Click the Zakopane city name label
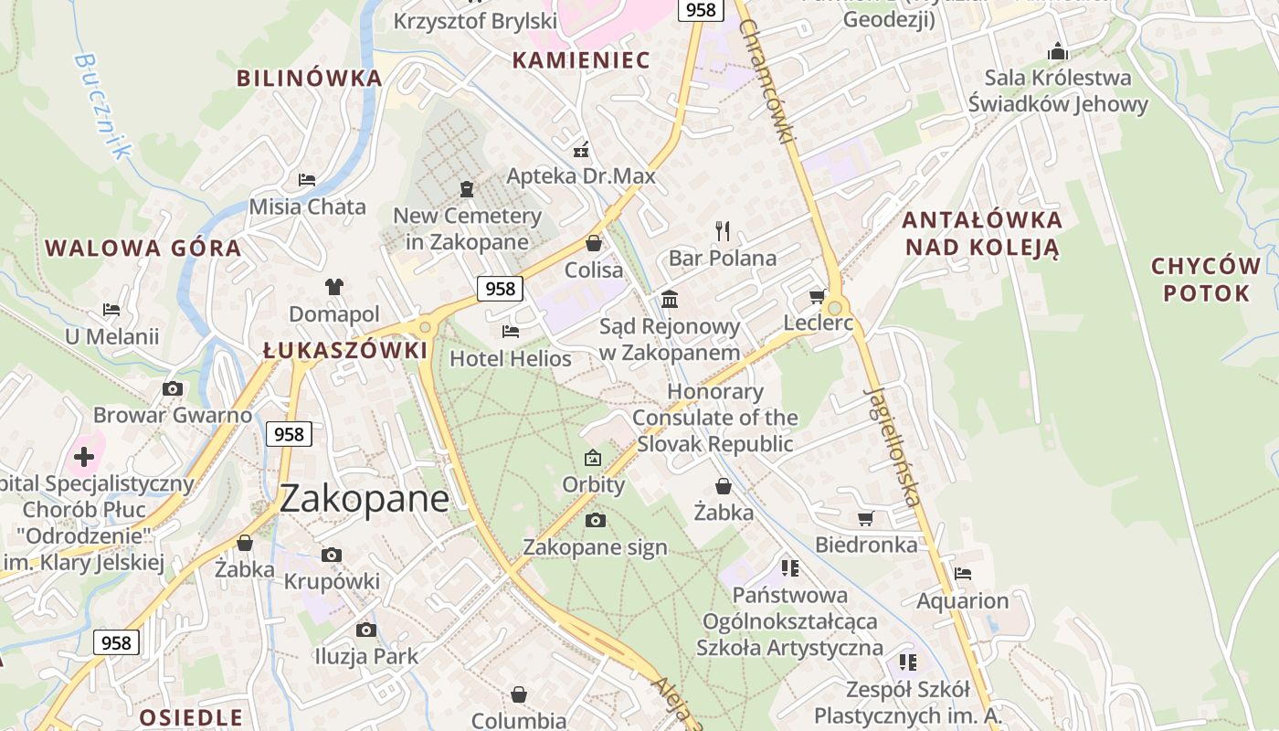pyautogui.click(x=364, y=499)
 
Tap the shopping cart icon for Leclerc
pyautogui.click(x=817, y=296)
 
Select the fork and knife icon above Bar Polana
pyautogui.click(x=723, y=229)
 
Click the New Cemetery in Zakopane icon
pyautogui.click(x=467, y=189)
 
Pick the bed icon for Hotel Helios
pyautogui.click(x=511, y=331)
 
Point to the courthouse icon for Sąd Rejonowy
pyautogui.click(x=670, y=299)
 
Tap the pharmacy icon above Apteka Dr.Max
pyautogui.click(x=581, y=150)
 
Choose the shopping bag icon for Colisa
pyautogui.click(x=594, y=243)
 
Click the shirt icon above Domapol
pyautogui.click(x=333, y=287)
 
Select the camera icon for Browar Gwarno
pyautogui.click(x=173, y=388)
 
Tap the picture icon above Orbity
pyautogui.click(x=593, y=457)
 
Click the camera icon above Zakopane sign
pyautogui.click(x=595, y=520)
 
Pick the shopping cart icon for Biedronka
pyautogui.click(x=865, y=518)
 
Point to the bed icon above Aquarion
pyautogui.click(x=962, y=574)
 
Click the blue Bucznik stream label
pyautogui.click(x=101, y=105)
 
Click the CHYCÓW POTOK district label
pyautogui.click(x=1206, y=280)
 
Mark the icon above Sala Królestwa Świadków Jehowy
pyautogui.click(x=1058, y=50)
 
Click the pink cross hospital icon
pyautogui.click(x=84, y=456)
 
